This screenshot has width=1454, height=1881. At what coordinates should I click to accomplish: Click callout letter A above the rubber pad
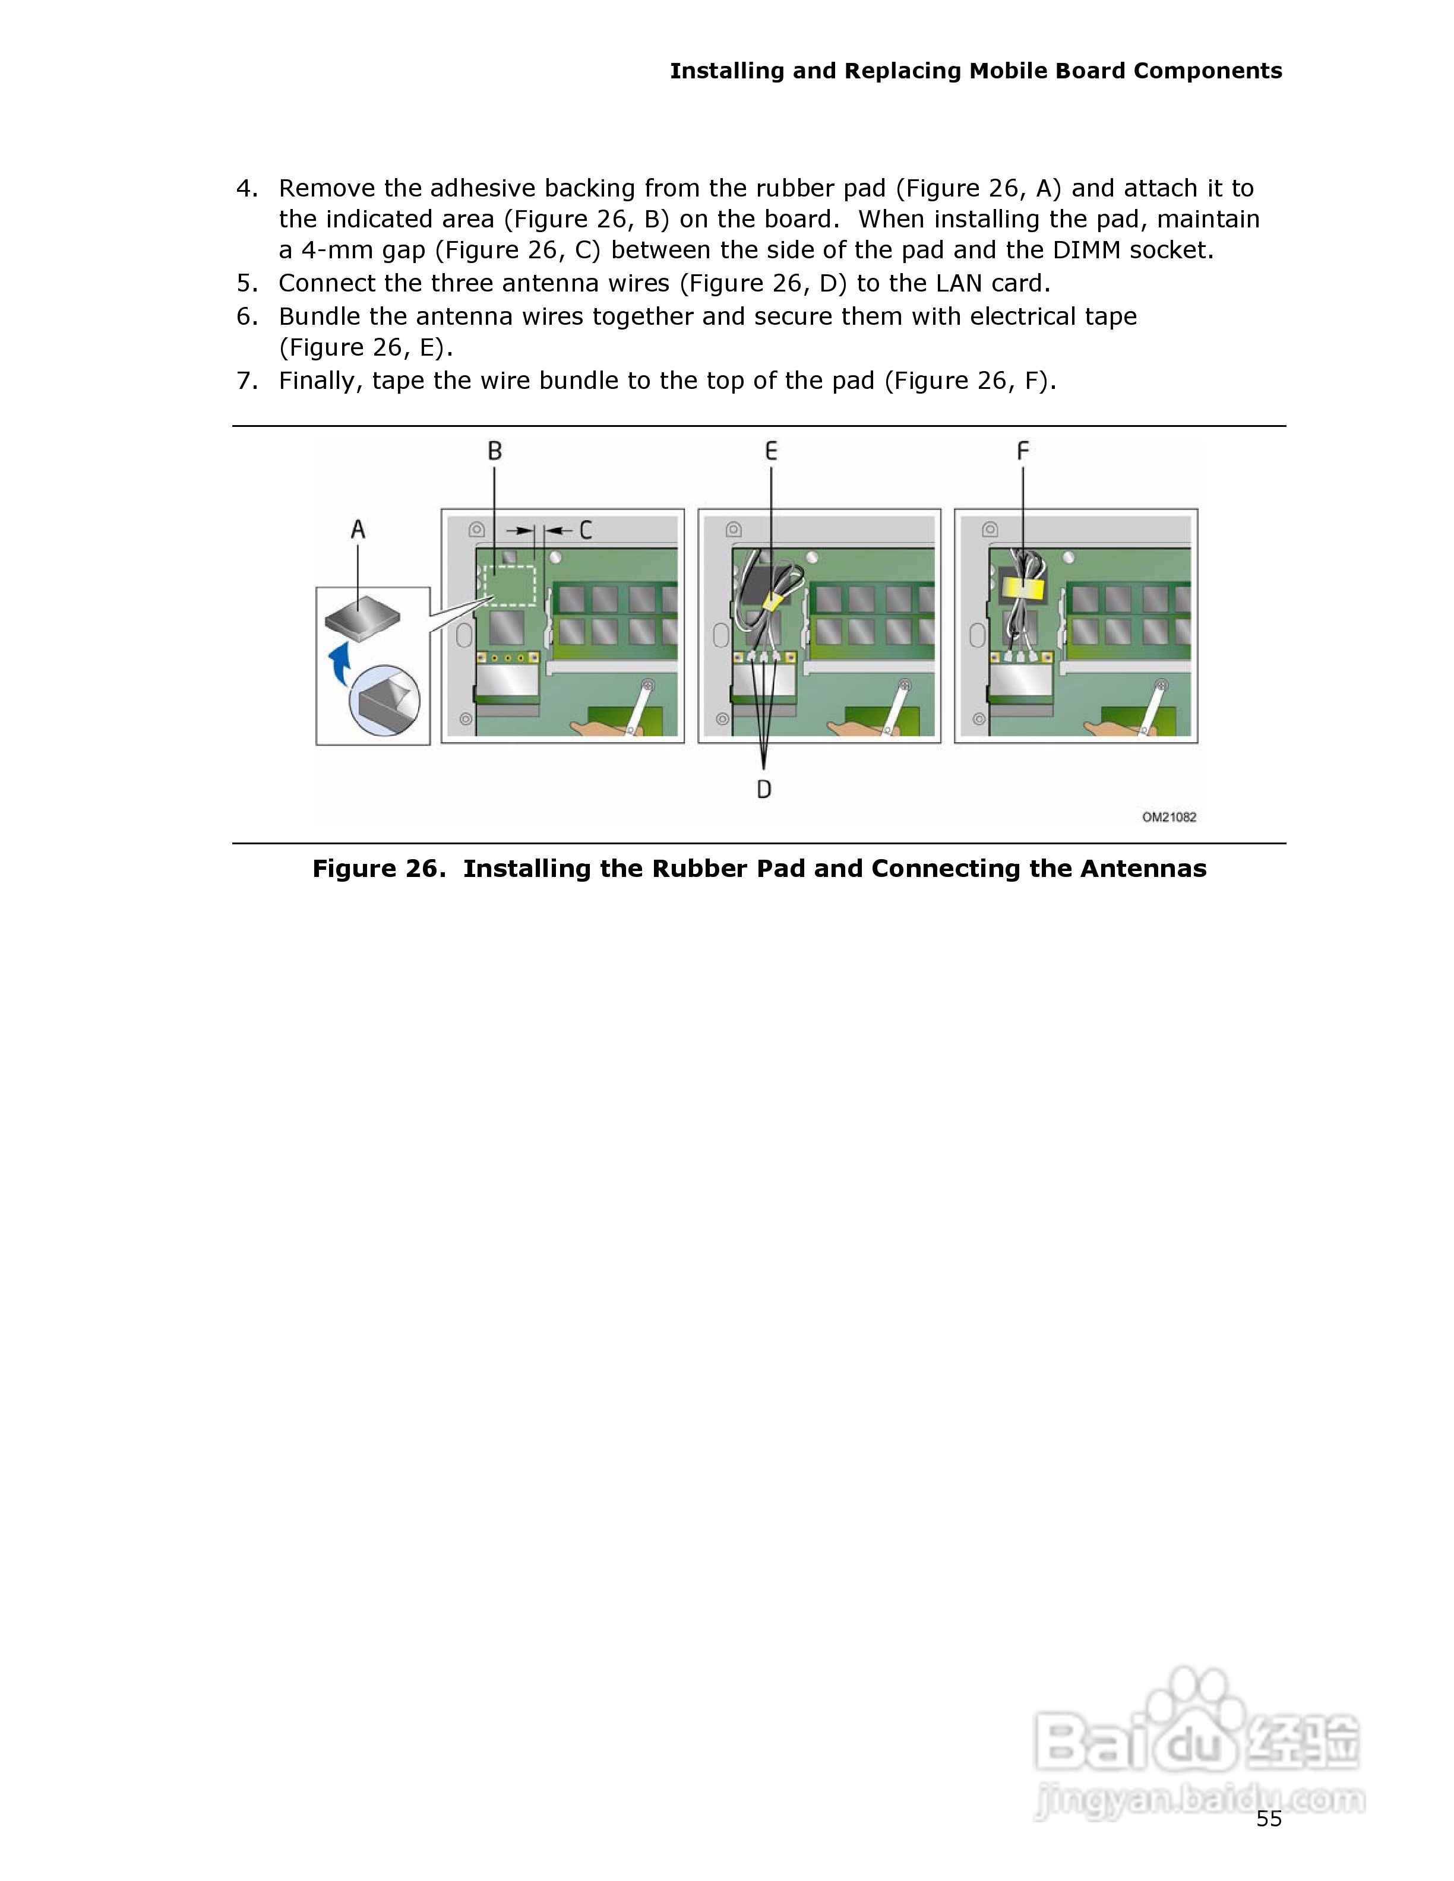click(358, 529)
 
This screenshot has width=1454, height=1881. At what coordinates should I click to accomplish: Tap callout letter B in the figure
click(494, 451)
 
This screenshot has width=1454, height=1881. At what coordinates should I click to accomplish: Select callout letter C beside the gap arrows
click(586, 530)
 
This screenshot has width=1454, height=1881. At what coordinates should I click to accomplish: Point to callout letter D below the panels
click(764, 789)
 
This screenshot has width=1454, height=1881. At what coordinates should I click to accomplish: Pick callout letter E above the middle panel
click(771, 451)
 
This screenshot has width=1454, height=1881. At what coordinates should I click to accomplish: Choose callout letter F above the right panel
click(1022, 451)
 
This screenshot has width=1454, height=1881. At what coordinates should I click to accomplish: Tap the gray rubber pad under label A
click(363, 617)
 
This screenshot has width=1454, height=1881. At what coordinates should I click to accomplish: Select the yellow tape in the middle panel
click(773, 601)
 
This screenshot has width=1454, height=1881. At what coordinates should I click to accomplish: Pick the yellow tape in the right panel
click(1022, 589)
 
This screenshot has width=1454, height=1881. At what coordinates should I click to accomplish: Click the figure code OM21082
click(1169, 816)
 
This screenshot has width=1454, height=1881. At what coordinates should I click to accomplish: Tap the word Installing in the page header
click(726, 71)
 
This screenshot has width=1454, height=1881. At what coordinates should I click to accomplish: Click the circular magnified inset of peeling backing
click(384, 699)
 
